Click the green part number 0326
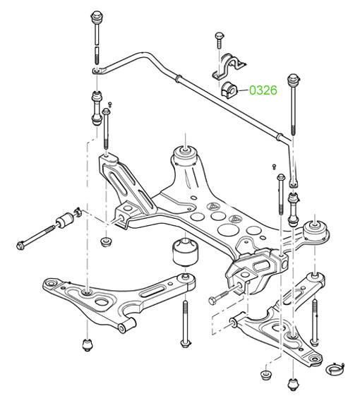[x=263, y=90]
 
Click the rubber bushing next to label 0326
[x=229, y=90]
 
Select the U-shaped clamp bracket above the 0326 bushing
[x=228, y=67]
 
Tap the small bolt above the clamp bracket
[x=219, y=40]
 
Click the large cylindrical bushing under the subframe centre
[x=186, y=253]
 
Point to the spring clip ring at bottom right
[x=335, y=370]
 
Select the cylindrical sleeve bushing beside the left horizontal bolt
[x=65, y=220]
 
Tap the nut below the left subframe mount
[x=106, y=242]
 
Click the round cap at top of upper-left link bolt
[x=96, y=16]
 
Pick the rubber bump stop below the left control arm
[x=88, y=344]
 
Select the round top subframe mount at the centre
[x=186, y=155]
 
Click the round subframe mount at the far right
[x=316, y=231]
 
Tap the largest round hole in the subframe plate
[x=228, y=229]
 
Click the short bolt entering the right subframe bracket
[x=222, y=294]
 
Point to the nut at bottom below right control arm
[x=265, y=375]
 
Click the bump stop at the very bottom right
[x=293, y=385]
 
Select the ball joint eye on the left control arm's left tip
[x=52, y=283]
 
